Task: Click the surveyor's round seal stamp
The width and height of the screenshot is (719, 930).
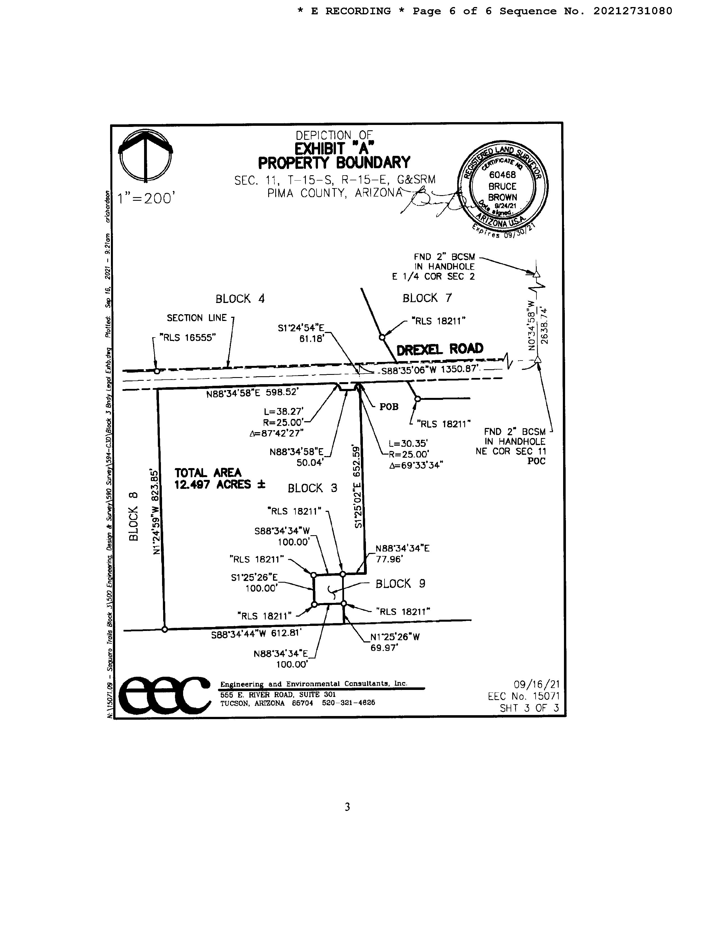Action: pos(503,187)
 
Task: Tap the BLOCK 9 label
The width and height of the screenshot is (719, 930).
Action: pos(400,583)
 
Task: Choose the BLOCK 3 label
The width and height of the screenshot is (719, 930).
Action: pos(312,488)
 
